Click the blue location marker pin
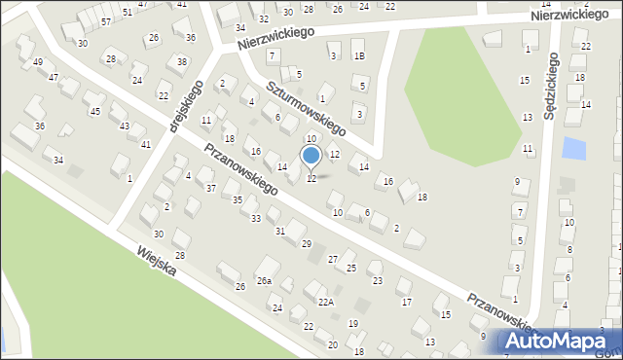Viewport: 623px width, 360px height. tap(311, 157)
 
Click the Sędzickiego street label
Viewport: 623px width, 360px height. tap(551, 86)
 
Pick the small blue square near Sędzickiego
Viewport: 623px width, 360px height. tap(575, 150)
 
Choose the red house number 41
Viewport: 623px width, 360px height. tap(146, 144)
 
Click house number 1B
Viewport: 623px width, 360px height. tap(359, 56)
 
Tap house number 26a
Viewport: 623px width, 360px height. tap(264, 281)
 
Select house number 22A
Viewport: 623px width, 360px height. tap(326, 303)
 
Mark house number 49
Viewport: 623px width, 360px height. tap(38, 62)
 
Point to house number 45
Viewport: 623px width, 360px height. tap(94, 111)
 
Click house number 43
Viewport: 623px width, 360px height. tap(125, 126)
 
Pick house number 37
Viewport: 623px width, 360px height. tap(210, 188)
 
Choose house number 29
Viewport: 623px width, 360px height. tap(306, 243)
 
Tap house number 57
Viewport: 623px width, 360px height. tap(105, 20)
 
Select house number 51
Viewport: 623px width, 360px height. tap(128, 11)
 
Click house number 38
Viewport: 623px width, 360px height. tap(182, 61)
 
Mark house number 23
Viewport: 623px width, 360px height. tap(377, 280)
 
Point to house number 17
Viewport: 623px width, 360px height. tap(407, 303)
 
